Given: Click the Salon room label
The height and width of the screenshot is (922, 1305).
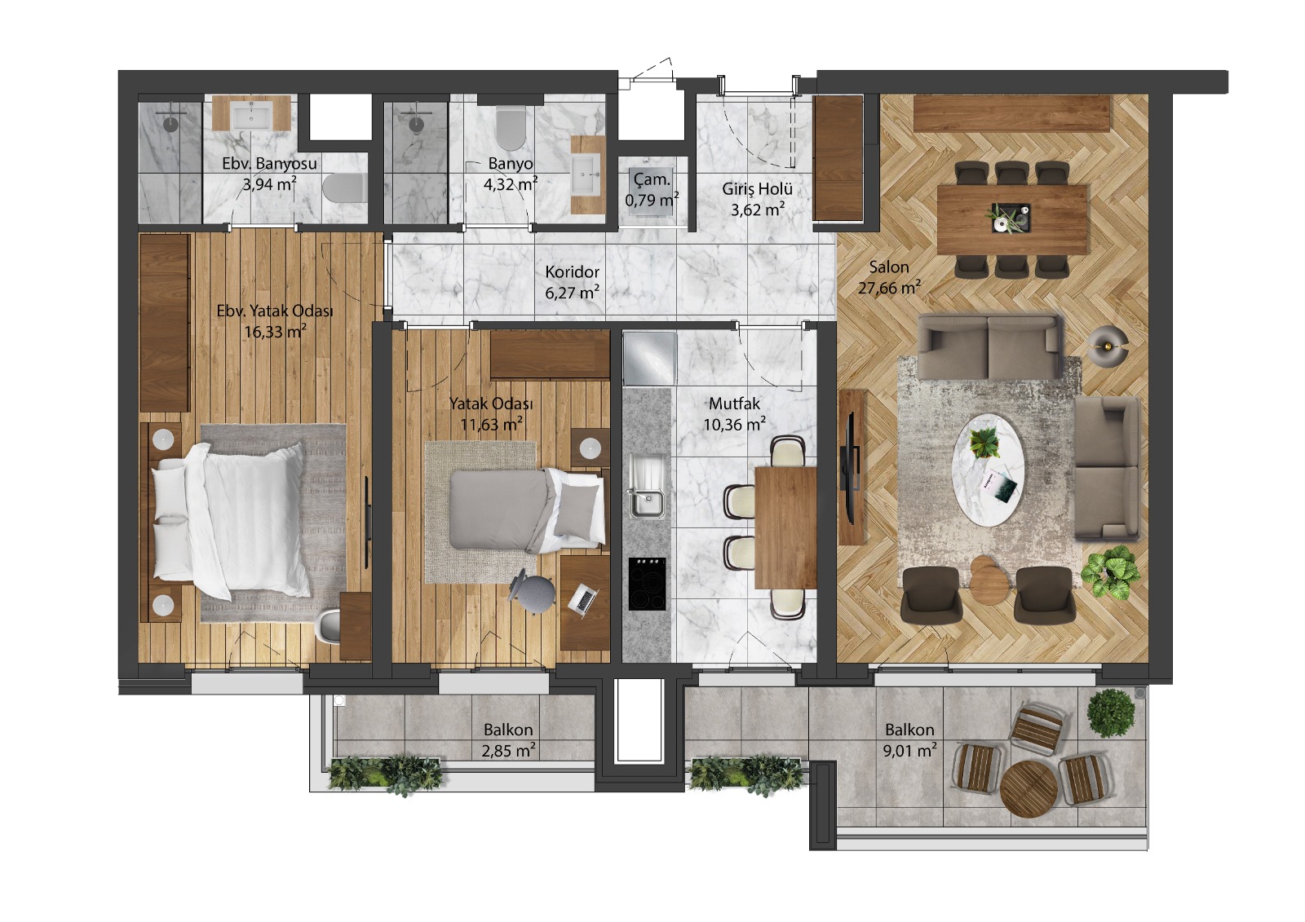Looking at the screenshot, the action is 888,267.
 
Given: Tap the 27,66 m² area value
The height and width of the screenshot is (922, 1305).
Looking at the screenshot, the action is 889,288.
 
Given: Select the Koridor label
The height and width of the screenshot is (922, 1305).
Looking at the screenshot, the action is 572,272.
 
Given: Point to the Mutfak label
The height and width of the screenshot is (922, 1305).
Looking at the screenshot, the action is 734,404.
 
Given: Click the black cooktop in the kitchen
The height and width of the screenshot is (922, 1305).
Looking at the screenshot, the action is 647,584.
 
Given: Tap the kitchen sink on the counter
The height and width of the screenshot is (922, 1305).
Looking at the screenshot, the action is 647,487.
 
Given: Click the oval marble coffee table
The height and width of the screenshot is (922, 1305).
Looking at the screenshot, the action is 988,470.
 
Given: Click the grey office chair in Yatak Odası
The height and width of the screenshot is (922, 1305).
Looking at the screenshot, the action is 532,591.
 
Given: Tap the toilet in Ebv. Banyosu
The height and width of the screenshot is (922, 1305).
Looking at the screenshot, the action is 344,187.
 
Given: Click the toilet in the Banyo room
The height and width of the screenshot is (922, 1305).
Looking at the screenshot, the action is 511,127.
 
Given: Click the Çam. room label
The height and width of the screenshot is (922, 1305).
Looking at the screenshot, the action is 652,180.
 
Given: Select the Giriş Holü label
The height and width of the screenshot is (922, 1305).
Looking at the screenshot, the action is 758,188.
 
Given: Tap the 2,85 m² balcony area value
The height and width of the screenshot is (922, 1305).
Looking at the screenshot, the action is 509,751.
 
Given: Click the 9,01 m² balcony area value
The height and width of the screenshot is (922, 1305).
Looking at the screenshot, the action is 909,751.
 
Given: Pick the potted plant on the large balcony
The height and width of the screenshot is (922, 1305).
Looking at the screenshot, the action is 1111,713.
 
